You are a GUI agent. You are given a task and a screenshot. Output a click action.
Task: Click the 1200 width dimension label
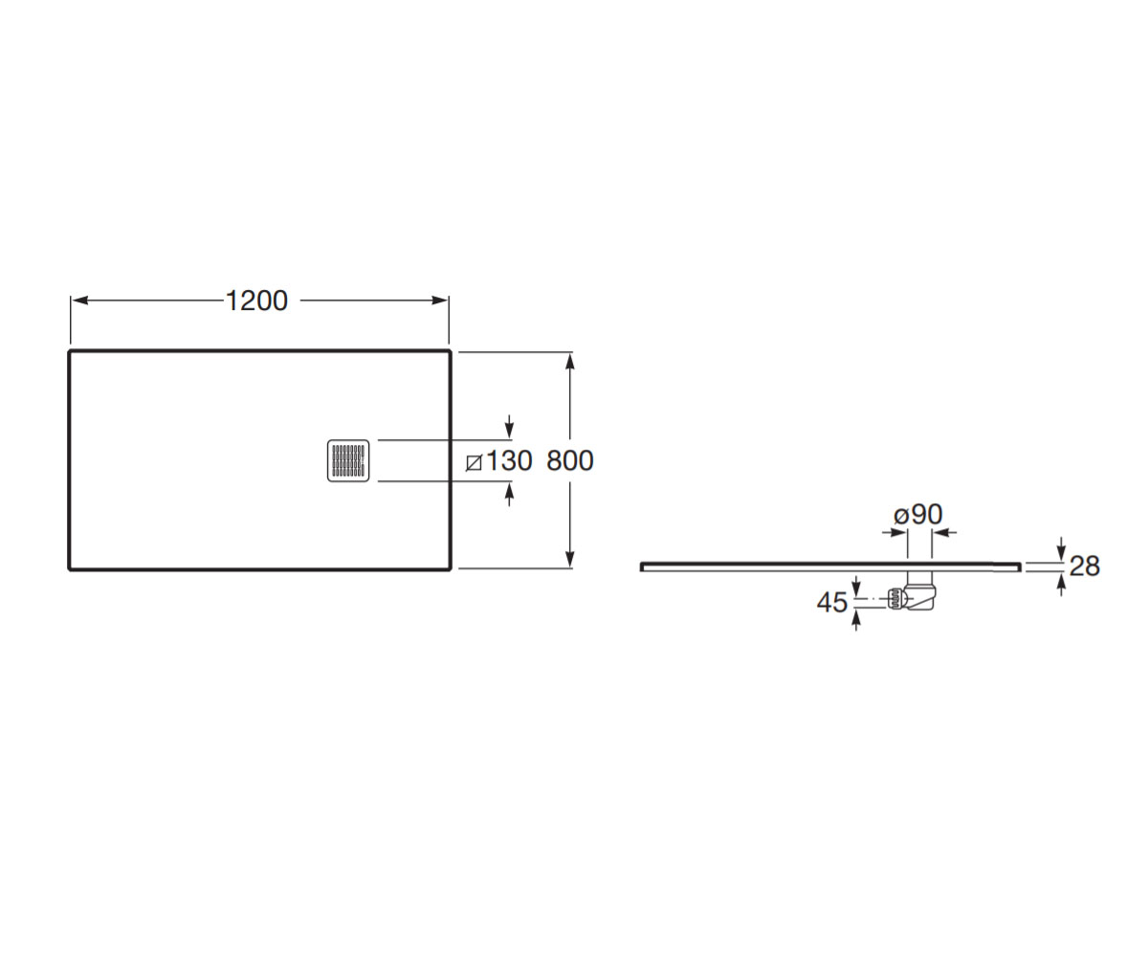256,300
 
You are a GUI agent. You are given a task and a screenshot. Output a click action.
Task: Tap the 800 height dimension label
570,460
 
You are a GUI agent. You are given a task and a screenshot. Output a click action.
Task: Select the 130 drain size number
510,460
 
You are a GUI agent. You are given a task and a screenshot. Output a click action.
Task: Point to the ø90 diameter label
918,514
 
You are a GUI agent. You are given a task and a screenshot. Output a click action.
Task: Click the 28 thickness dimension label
1085,566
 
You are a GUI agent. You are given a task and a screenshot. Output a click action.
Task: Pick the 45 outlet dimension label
832,603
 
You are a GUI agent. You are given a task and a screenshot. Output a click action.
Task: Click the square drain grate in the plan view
348,461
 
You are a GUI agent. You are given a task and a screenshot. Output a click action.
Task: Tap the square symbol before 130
474,463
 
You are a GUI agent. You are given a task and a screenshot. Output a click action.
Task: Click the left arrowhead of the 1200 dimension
80,300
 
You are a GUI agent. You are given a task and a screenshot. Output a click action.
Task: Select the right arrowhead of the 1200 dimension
440,300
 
